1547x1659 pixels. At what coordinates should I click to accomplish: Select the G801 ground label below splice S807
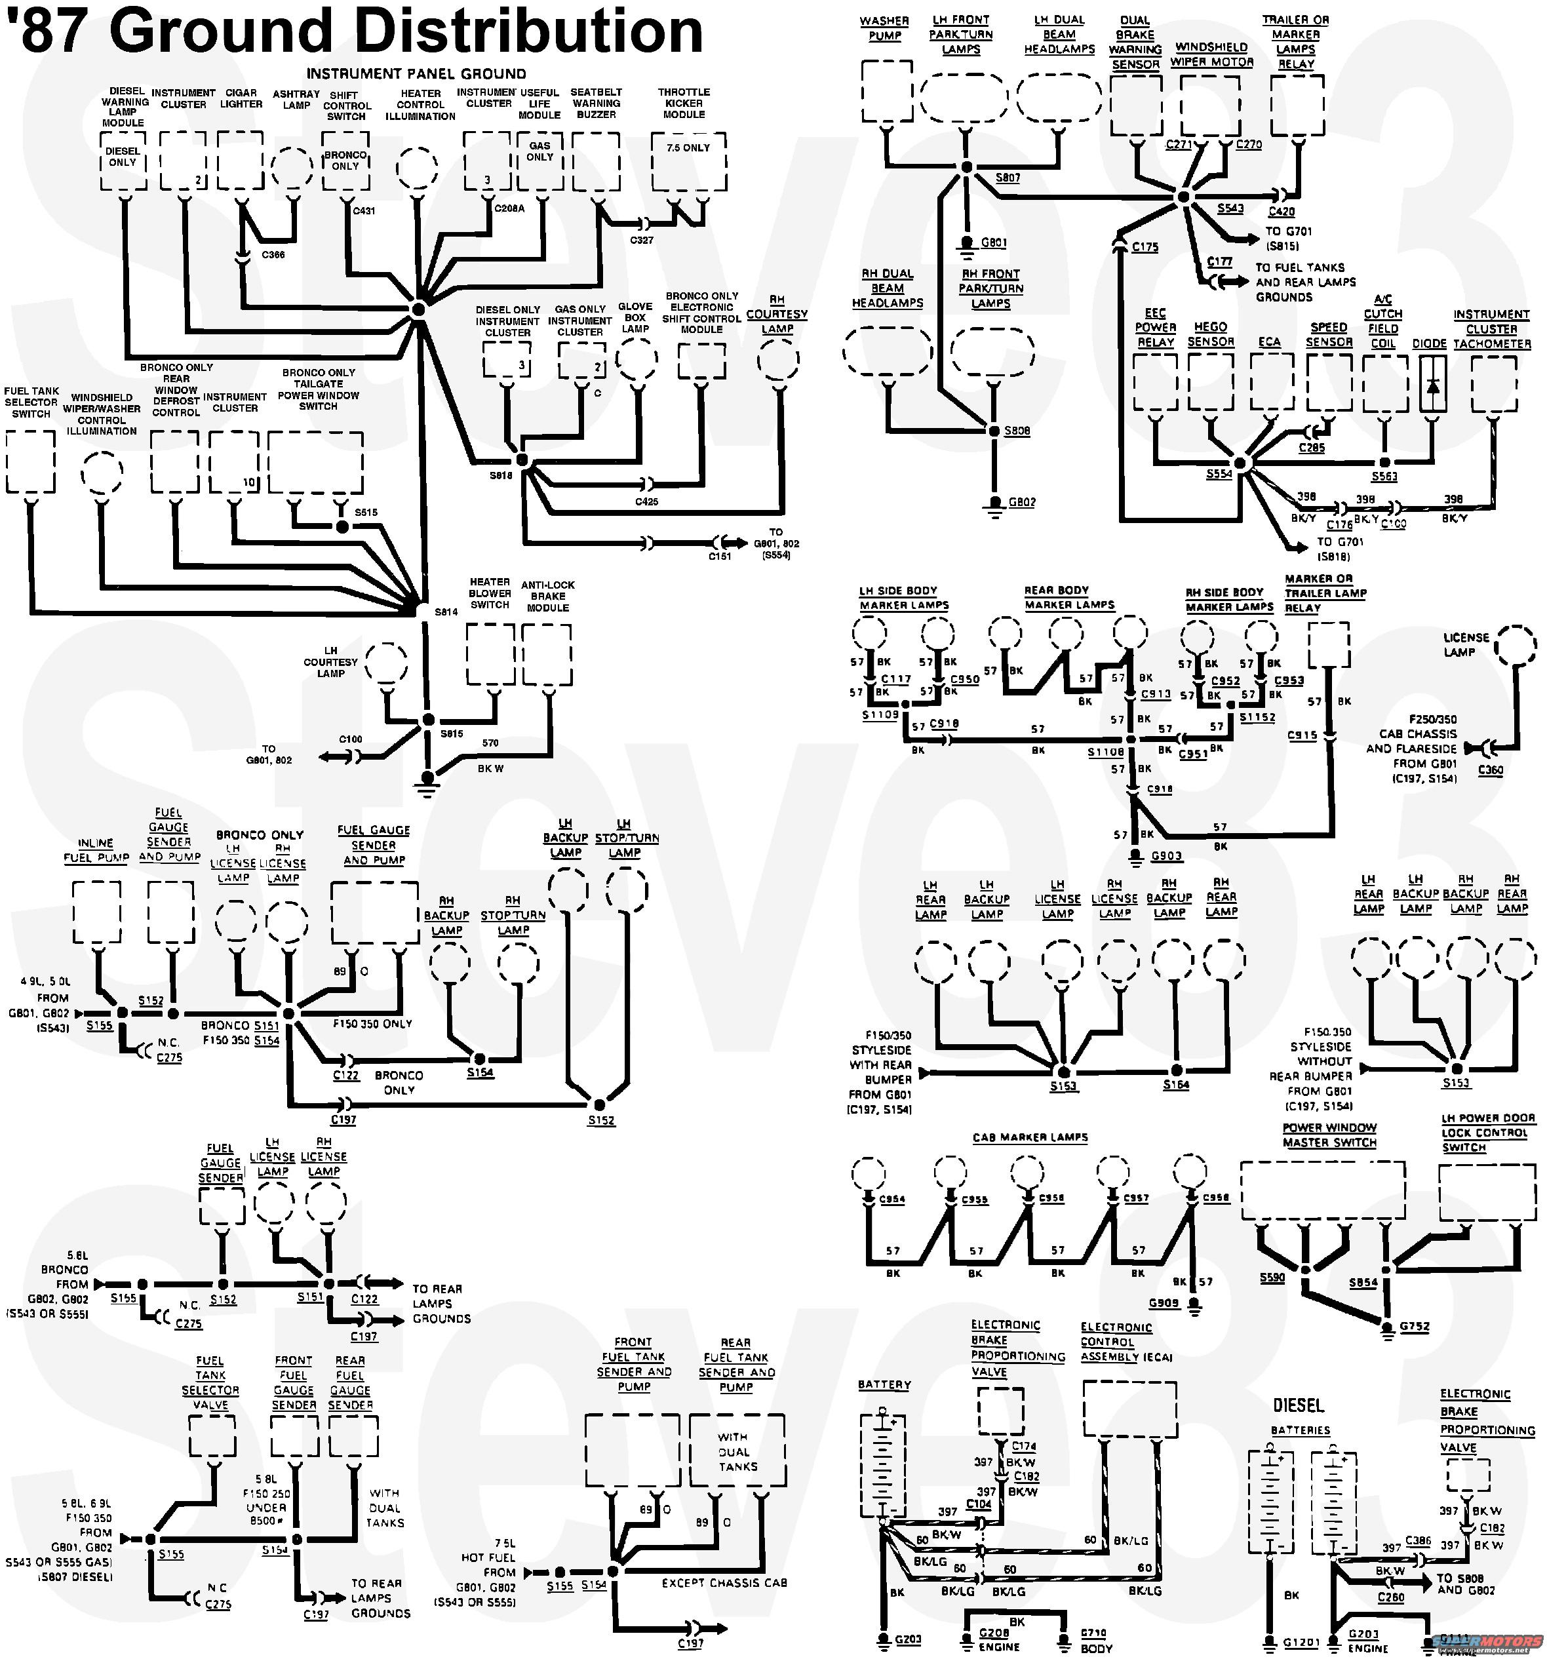click(993, 243)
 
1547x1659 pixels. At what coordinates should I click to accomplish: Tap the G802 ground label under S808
click(1021, 502)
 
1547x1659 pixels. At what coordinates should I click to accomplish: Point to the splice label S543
click(1230, 208)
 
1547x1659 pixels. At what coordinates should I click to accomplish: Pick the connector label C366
click(273, 254)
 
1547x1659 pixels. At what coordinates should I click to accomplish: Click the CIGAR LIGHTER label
click(241, 98)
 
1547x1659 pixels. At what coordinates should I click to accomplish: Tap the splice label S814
click(446, 612)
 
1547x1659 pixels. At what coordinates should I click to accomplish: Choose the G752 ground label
click(1415, 1326)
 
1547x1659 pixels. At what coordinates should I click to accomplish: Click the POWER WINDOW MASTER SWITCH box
click(1323, 1192)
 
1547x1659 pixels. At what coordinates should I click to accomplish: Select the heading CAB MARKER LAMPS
click(1030, 1137)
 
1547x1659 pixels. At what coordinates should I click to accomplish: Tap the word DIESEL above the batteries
click(1299, 1405)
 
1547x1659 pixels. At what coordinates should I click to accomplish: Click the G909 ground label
click(1164, 1302)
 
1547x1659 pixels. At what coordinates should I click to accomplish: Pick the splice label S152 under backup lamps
click(601, 1120)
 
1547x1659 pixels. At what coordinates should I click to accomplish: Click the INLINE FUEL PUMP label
click(96, 850)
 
